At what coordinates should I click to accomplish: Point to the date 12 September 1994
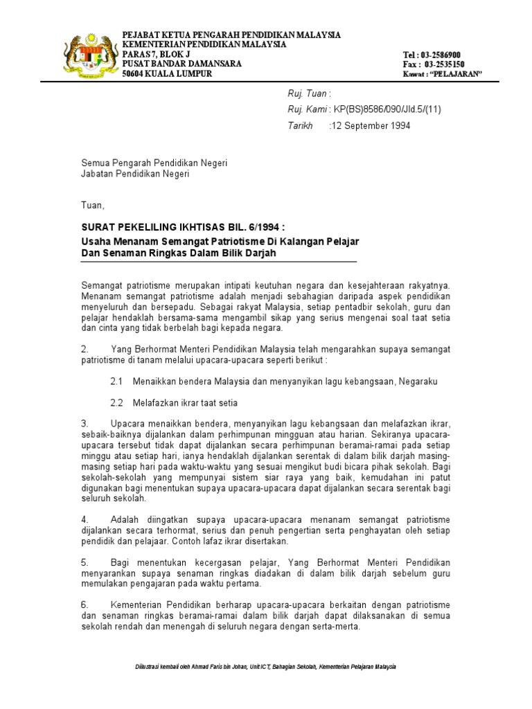pyautogui.click(x=371, y=126)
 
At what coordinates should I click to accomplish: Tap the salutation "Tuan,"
pyautogui.click(x=94, y=206)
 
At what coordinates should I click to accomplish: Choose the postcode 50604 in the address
pyautogui.click(x=136, y=73)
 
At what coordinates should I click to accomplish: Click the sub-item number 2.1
pyautogui.click(x=116, y=382)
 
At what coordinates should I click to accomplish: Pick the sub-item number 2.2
pyautogui.click(x=116, y=403)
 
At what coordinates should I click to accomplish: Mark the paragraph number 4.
pyautogui.click(x=85, y=519)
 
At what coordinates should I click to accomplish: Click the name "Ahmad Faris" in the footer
pyautogui.click(x=211, y=666)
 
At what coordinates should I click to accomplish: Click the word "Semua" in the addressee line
pyautogui.click(x=96, y=163)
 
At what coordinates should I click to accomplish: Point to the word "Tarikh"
pyautogui.click(x=301, y=126)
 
